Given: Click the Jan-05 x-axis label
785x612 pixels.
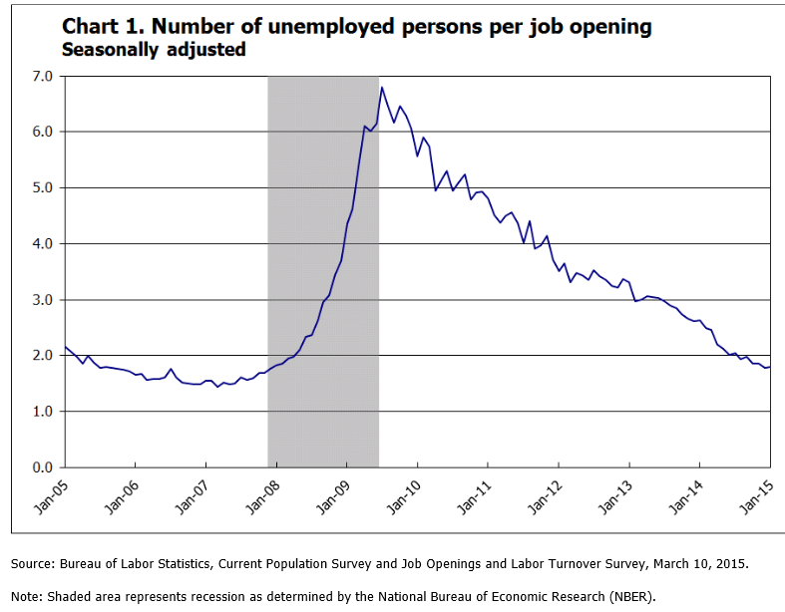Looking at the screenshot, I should pyautogui.click(x=51, y=495).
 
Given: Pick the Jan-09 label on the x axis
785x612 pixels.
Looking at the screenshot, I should pyautogui.click(x=333, y=495).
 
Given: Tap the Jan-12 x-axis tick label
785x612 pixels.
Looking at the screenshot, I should pyautogui.click(x=545, y=495).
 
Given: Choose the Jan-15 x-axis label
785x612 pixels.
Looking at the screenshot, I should pyautogui.click(x=756, y=495).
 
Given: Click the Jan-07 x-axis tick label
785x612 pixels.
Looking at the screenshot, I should pyautogui.click(x=192, y=495).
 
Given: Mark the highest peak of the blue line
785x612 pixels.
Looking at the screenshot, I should pyautogui.click(x=381, y=88).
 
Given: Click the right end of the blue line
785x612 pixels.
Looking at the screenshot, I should pyautogui.click(x=769, y=367).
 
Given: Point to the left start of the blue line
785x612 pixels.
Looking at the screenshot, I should pyautogui.click(x=65, y=346).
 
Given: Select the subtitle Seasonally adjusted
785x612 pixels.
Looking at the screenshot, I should pyautogui.click(x=154, y=49).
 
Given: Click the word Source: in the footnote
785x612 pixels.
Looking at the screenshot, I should pyautogui.click(x=34, y=564).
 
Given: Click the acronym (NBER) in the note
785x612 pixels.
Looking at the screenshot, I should pyautogui.click(x=629, y=597).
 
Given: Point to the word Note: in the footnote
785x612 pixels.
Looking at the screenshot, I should pyautogui.click(x=27, y=597).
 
